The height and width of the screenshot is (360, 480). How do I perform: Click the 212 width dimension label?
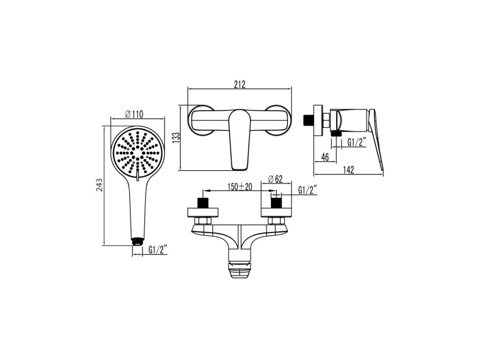(240, 84)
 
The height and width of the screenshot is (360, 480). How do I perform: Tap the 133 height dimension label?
(176, 138)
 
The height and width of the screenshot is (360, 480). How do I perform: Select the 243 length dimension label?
(99, 185)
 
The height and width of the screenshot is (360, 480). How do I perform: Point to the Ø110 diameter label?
(134, 114)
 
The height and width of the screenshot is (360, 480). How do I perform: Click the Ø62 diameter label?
(275, 179)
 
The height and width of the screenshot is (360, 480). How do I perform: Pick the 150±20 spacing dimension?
(240, 186)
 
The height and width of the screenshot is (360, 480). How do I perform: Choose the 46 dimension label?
(325, 157)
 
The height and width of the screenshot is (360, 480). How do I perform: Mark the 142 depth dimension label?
(348, 170)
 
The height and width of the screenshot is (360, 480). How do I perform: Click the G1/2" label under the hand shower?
(158, 250)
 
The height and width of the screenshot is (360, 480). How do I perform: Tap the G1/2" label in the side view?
(357, 142)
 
